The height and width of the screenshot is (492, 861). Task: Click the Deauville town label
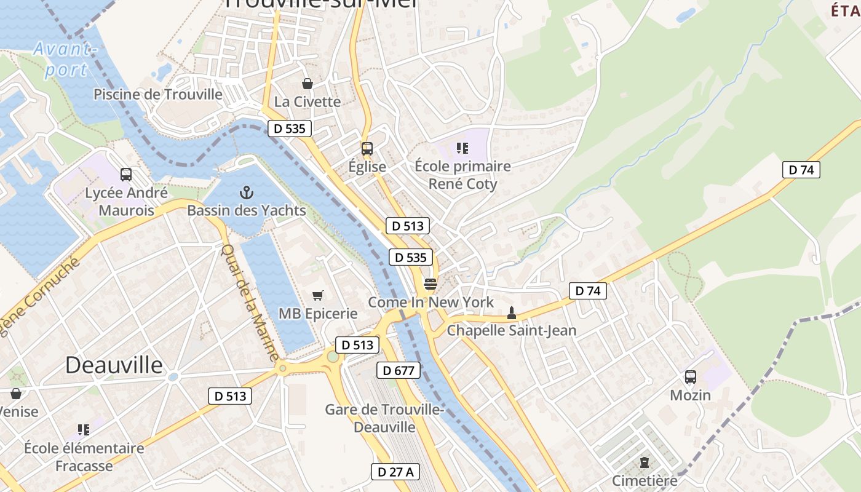(x=114, y=365)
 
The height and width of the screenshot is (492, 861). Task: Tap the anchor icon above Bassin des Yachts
(x=246, y=192)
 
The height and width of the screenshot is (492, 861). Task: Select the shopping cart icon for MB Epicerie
(x=317, y=296)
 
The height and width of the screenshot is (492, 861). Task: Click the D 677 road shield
(x=399, y=370)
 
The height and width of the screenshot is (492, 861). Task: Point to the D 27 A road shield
(x=395, y=472)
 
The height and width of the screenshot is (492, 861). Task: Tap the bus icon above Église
(x=367, y=148)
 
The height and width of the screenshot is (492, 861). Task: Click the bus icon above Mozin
(x=690, y=377)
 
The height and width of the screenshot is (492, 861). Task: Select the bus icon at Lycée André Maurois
(x=126, y=175)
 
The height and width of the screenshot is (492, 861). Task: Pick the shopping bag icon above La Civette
(x=307, y=84)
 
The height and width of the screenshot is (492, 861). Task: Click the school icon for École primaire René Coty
(x=462, y=148)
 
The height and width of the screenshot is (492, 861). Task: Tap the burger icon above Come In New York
(x=430, y=284)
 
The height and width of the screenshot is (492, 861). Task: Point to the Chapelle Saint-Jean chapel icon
(x=511, y=313)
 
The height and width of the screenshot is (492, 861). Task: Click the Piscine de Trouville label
(x=157, y=94)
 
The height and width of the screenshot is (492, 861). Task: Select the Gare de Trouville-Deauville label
(x=370, y=418)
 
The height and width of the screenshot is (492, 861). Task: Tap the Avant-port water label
(x=65, y=59)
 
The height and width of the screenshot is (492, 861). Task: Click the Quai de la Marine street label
(x=250, y=303)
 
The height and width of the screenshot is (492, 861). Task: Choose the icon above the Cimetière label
(x=644, y=462)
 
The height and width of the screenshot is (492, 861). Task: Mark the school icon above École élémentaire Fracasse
(x=84, y=430)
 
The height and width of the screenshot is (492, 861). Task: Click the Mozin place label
(x=690, y=395)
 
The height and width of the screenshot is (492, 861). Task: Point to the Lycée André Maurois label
(x=126, y=202)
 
